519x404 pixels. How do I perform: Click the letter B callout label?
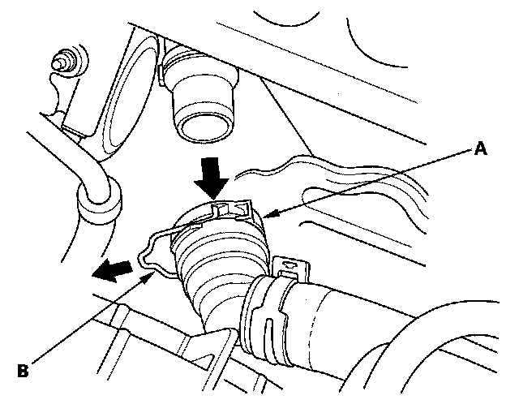(x=24, y=371)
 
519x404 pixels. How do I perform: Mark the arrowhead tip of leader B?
(x=154, y=273)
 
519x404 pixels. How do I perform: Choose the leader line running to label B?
(x=89, y=322)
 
